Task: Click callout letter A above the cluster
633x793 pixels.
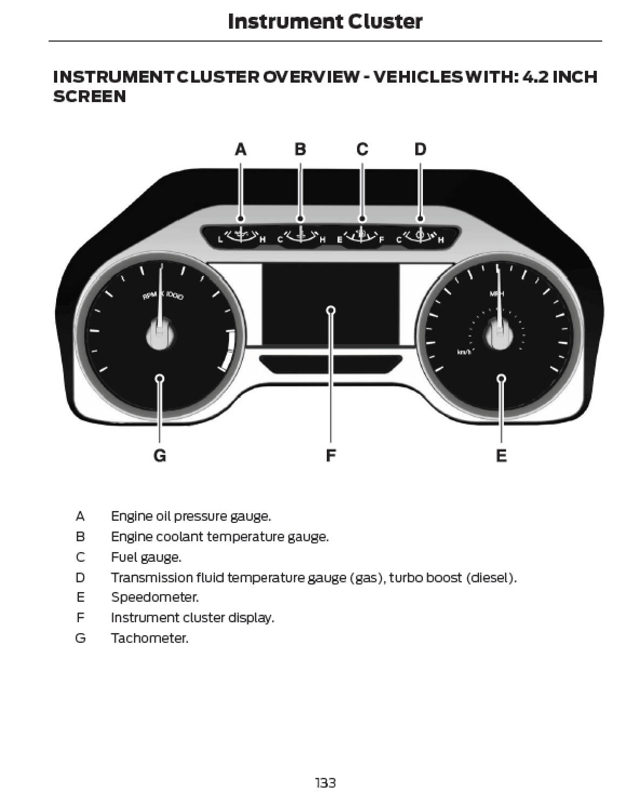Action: point(241,149)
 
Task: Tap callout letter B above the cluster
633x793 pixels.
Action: point(300,149)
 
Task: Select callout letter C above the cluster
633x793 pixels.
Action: point(362,149)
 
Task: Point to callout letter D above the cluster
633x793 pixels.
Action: point(420,149)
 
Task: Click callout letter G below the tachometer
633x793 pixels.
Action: point(160,456)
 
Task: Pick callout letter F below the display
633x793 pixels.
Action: point(331,456)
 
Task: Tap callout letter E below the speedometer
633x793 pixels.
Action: point(501,456)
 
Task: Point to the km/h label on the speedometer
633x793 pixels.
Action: point(464,352)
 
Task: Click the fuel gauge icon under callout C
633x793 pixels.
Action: point(361,236)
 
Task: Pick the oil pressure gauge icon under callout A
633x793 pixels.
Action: point(241,236)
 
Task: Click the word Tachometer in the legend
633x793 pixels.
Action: point(150,638)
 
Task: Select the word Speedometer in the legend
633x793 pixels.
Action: point(154,597)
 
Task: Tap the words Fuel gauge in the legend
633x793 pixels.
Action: point(146,557)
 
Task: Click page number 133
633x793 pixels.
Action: point(325,782)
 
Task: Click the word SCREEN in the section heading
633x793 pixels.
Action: point(90,97)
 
